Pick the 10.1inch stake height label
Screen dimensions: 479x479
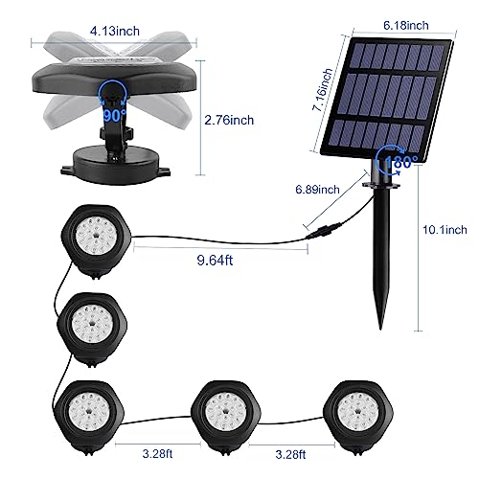pos(444,229)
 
